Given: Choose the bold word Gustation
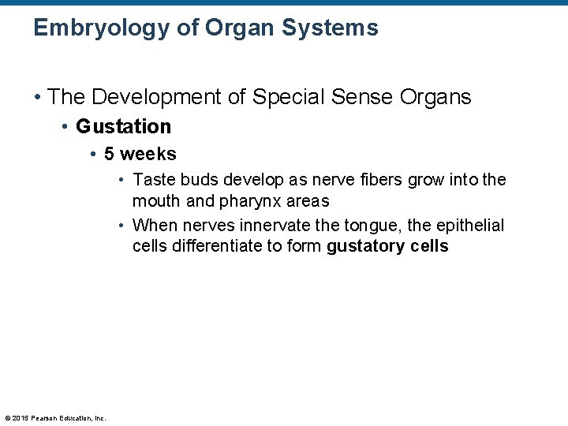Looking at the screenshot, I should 123,126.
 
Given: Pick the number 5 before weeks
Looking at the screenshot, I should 110,154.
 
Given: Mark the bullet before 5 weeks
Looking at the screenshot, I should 94,155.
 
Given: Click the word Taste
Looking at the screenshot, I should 153,180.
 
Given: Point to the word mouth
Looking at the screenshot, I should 156,200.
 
